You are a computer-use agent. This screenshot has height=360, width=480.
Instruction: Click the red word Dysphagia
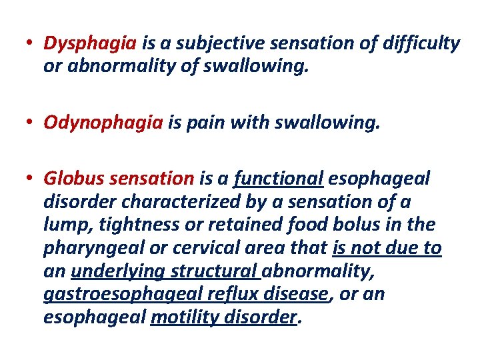(x=90, y=44)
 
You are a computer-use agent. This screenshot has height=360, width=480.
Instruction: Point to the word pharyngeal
(x=95, y=249)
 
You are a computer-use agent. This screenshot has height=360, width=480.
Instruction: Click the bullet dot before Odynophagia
(x=31, y=122)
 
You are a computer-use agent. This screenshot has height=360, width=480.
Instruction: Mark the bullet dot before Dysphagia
(x=31, y=44)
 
